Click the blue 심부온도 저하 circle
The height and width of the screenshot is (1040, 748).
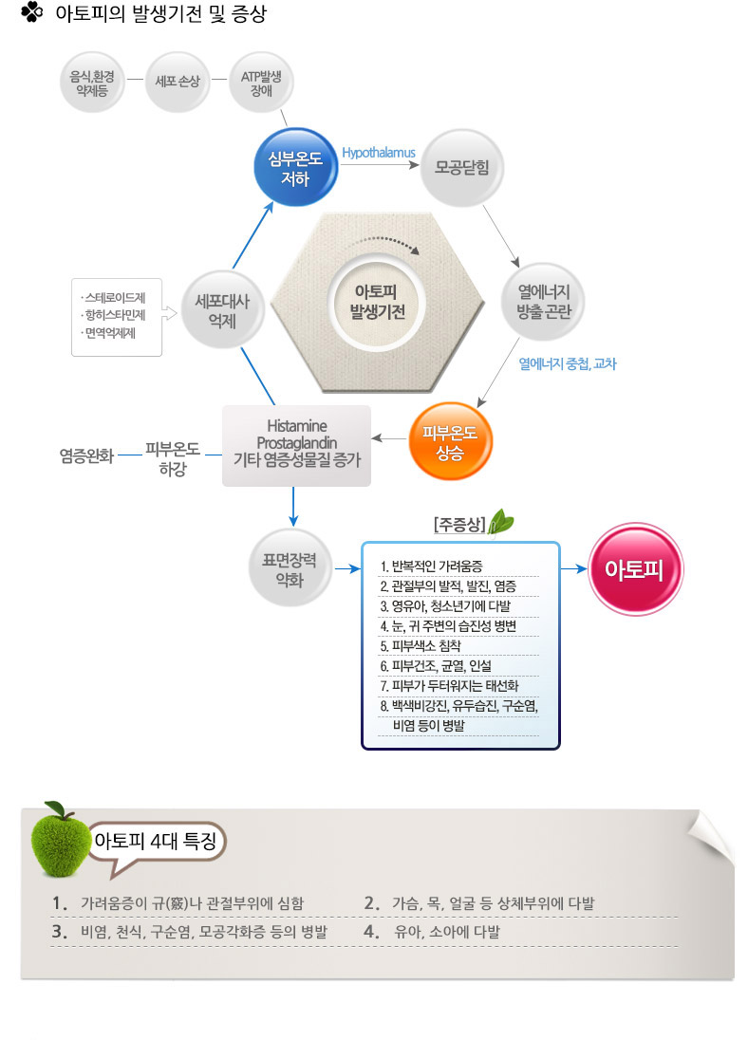pyautogui.click(x=296, y=167)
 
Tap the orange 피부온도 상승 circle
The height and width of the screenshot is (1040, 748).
pyautogui.click(x=450, y=441)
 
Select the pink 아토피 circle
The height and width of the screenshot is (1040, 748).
pyautogui.click(x=634, y=569)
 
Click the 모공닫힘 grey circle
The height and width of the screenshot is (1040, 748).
pyautogui.click(x=462, y=168)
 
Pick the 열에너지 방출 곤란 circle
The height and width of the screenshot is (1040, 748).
pyautogui.click(x=544, y=302)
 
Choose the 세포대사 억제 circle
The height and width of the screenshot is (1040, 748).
pyautogui.click(x=222, y=310)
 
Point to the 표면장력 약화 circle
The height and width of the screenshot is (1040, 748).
pyautogui.click(x=290, y=569)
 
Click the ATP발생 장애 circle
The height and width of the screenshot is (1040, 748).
pyautogui.click(x=261, y=83)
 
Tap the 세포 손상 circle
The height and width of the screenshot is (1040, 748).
pyautogui.click(x=178, y=82)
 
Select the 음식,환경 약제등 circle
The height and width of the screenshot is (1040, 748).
pyautogui.click(x=92, y=83)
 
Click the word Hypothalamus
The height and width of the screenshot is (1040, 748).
pyautogui.click(x=379, y=153)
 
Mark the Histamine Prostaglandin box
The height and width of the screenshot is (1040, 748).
pyautogui.click(x=296, y=446)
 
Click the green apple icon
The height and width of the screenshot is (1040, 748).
pyautogui.click(x=59, y=840)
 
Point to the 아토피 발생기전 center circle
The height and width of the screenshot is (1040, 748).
pyautogui.click(x=377, y=302)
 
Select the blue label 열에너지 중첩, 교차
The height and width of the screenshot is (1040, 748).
pyautogui.click(x=568, y=363)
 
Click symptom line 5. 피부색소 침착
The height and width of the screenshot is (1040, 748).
pyautogui.click(x=421, y=646)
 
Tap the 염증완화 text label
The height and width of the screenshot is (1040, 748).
pyautogui.click(x=87, y=455)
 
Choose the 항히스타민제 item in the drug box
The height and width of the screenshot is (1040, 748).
pyautogui.click(x=114, y=315)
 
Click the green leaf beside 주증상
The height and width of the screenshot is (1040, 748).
pyautogui.click(x=501, y=521)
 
